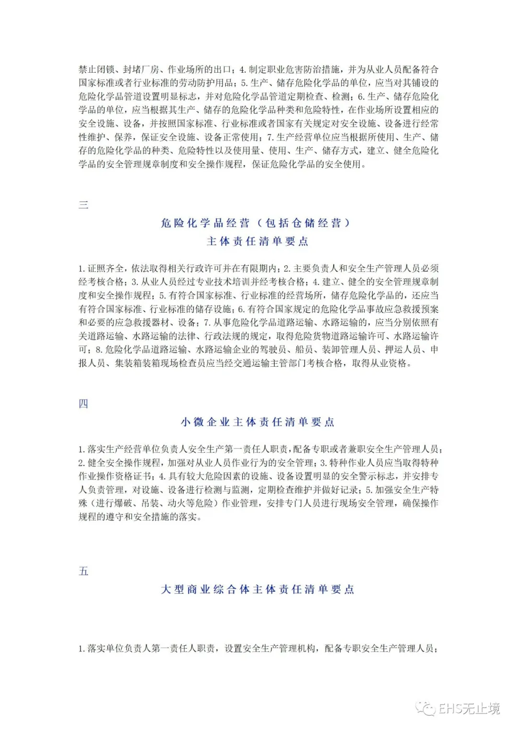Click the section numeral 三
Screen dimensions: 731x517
coord(83,205)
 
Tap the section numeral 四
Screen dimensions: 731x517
coord(83,404)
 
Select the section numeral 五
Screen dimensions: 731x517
coord(83,571)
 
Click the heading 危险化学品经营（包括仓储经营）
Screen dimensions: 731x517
coord(256,223)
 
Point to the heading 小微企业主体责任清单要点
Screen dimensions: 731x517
coord(258,422)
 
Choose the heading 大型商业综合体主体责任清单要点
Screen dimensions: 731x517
coord(258,589)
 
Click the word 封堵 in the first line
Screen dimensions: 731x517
coord(132,69)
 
